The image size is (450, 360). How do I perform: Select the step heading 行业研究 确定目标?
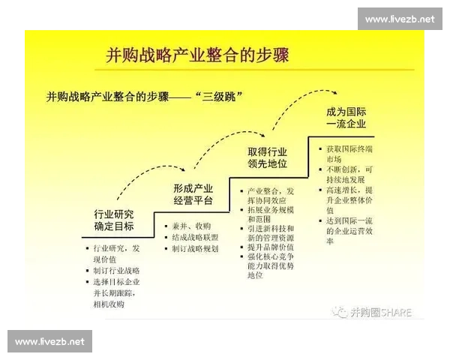tap(115, 220)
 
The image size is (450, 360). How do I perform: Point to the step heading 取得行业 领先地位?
tap(267, 157)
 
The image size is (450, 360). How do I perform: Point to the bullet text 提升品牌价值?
tap(271, 247)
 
